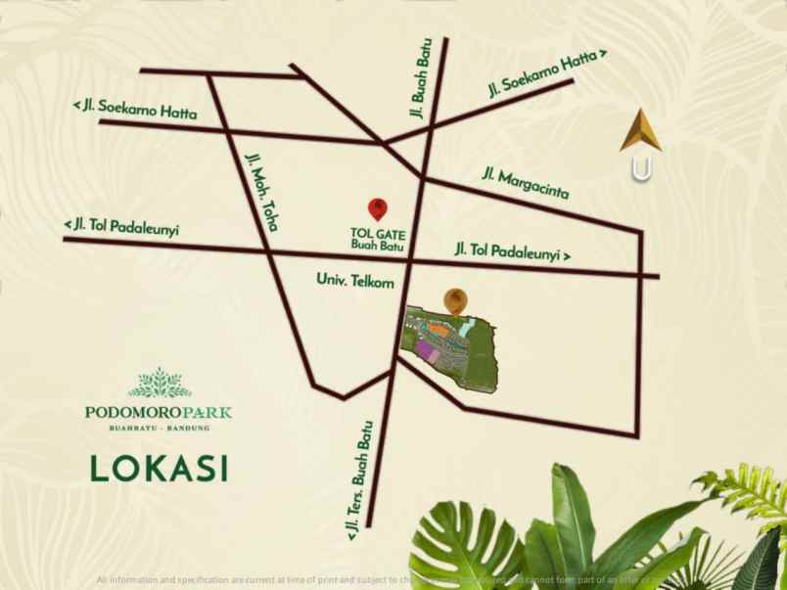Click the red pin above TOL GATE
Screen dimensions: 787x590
(x=377, y=207)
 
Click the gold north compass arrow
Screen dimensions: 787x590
(x=640, y=133)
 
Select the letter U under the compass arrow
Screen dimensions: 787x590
(x=641, y=169)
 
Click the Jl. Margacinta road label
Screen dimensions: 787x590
(x=525, y=183)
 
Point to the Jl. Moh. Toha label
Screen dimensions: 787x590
(x=261, y=190)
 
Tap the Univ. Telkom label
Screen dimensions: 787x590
(x=354, y=281)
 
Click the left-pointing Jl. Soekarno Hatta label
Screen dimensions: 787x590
(x=135, y=108)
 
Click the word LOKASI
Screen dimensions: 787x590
(x=158, y=466)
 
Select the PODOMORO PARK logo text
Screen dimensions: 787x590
(x=158, y=411)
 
